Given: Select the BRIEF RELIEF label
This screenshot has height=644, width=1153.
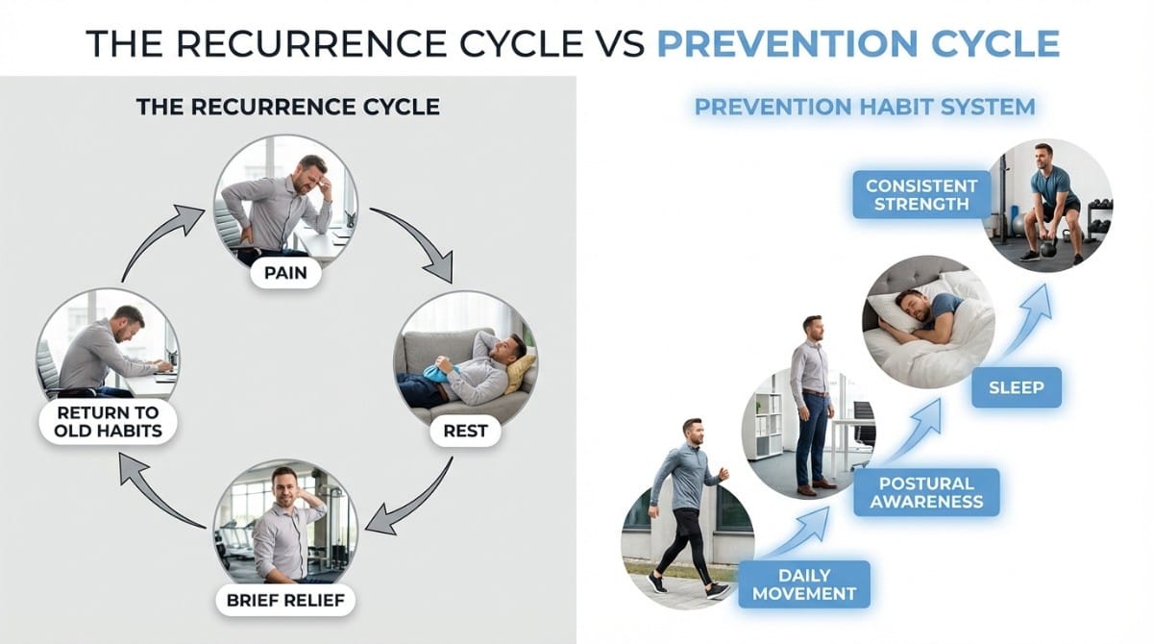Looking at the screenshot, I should pos(284,602).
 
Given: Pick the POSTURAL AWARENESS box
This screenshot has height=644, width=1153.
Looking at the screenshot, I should pos(925,491).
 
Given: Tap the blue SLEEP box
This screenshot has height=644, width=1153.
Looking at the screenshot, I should pos(1016,388).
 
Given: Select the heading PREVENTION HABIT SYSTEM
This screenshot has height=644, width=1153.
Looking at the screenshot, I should pos(865,106).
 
